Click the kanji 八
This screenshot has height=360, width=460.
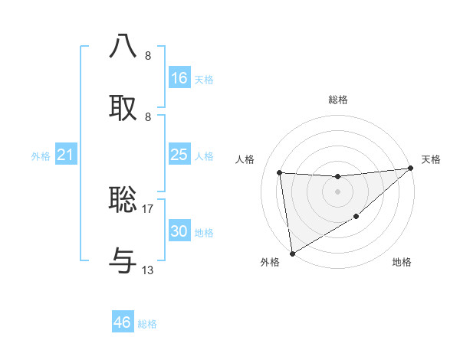click(x=123, y=47)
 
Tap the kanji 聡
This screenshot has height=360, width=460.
click(x=123, y=200)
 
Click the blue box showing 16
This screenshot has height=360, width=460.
click(x=179, y=78)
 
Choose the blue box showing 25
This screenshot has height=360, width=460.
click(x=179, y=155)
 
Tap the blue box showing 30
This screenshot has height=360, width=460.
click(x=179, y=231)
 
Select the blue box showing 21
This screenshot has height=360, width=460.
click(x=66, y=155)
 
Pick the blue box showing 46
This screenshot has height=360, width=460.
click(x=123, y=322)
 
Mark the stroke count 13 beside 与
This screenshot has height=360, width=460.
click(x=148, y=270)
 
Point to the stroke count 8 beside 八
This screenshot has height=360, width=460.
click(x=148, y=55)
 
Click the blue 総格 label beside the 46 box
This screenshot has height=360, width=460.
click(x=147, y=324)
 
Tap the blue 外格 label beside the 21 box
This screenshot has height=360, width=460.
click(x=41, y=156)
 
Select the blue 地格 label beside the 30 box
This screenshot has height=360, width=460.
click(x=204, y=233)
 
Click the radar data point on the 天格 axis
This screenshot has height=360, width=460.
click(x=410, y=169)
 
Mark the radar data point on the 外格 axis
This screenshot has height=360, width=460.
click(x=292, y=253)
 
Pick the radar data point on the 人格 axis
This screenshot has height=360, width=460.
click(x=280, y=172)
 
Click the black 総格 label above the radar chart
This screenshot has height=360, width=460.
click(x=337, y=100)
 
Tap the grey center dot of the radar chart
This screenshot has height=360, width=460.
click(x=337, y=191)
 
